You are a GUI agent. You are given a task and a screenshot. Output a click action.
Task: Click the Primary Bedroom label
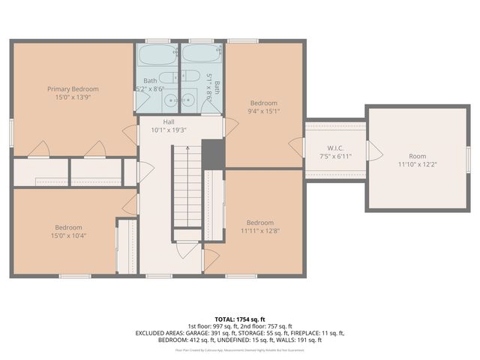(x=73, y=88)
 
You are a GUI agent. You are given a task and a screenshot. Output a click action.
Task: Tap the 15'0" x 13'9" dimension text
(x=73, y=97)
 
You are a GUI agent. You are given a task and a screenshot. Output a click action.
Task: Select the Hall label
(x=169, y=121)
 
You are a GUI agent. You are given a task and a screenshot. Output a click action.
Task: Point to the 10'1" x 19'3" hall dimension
(x=169, y=130)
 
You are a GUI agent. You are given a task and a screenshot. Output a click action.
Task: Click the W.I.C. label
(x=335, y=147)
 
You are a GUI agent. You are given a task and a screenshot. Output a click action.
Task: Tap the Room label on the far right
(x=417, y=156)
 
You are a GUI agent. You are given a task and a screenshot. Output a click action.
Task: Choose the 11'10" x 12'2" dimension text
(x=417, y=165)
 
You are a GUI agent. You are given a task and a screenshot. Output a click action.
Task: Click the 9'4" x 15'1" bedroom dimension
(x=264, y=112)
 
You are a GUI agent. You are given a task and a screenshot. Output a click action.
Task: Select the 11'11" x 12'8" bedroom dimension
(x=260, y=231)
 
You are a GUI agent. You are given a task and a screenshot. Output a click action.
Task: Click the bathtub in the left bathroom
(x=157, y=57)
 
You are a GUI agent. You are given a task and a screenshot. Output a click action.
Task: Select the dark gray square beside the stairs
(x=214, y=154)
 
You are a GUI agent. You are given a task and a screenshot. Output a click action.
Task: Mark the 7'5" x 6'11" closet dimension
(x=335, y=156)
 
